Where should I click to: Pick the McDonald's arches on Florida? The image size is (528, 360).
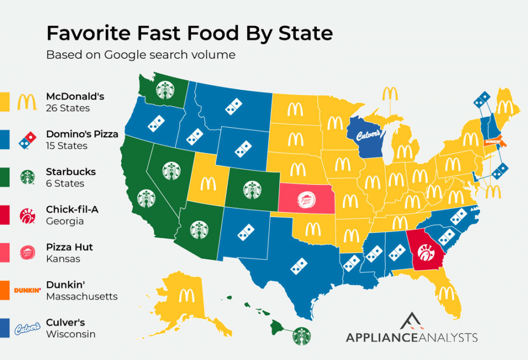click(x=446, y=291)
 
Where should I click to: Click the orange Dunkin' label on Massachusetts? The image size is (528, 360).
click(x=493, y=141)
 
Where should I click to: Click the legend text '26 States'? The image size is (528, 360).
click(x=68, y=108)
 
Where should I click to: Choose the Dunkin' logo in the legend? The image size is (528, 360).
click(x=27, y=290)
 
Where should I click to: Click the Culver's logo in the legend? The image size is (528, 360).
click(x=27, y=327)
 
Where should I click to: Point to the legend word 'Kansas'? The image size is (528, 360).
click(x=63, y=259)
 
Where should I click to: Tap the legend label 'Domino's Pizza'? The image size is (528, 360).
click(x=82, y=134)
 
